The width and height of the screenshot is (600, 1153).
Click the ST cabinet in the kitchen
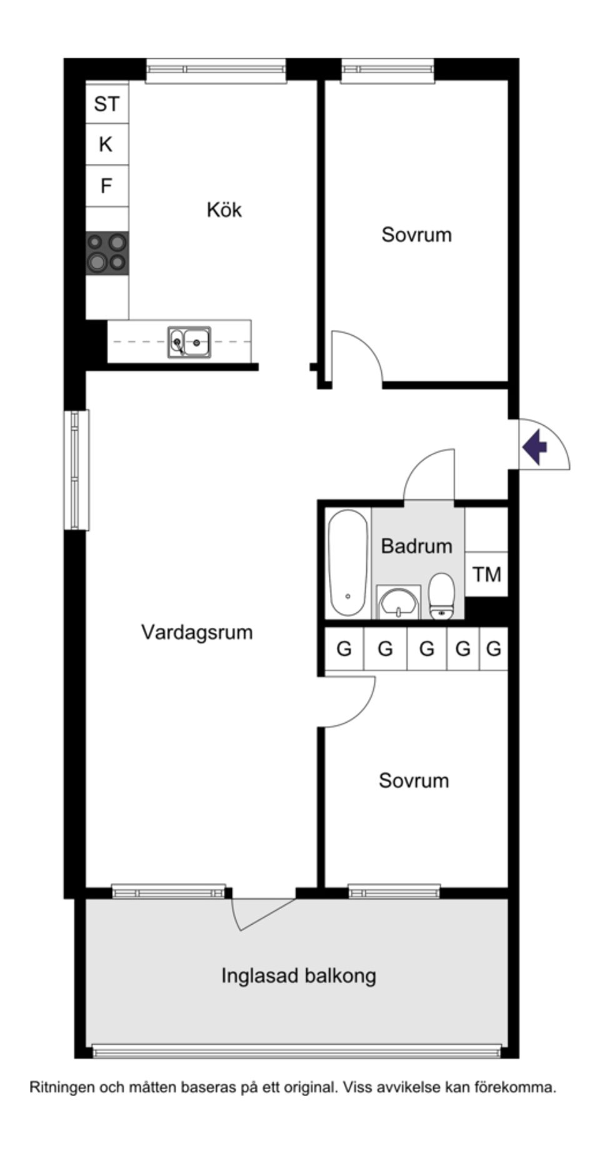tap(107, 103)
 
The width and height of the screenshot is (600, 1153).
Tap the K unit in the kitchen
tap(107, 144)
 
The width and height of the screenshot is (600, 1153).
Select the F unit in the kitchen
tap(107, 186)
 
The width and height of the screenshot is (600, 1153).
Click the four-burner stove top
tap(107, 252)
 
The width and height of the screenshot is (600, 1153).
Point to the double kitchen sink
tap(189, 342)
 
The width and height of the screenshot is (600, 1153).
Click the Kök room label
tap(224, 209)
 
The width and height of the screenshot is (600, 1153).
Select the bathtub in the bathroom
tap(348, 563)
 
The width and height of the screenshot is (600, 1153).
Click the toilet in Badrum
tap(441, 597)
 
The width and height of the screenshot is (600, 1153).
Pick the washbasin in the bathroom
tap(398, 603)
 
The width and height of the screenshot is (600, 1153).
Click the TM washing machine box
tap(486, 574)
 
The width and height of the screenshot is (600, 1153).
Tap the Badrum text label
tap(416, 546)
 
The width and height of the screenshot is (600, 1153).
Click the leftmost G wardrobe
tap(344, 649)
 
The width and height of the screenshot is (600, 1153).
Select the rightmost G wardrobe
tap(494, 649)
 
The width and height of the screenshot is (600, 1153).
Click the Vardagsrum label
tap(197, 632)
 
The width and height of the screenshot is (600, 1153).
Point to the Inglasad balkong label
tap(299, 975)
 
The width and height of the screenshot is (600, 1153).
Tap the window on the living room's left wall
tap(76, 470)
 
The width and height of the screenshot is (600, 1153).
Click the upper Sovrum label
tap(416, 235)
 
